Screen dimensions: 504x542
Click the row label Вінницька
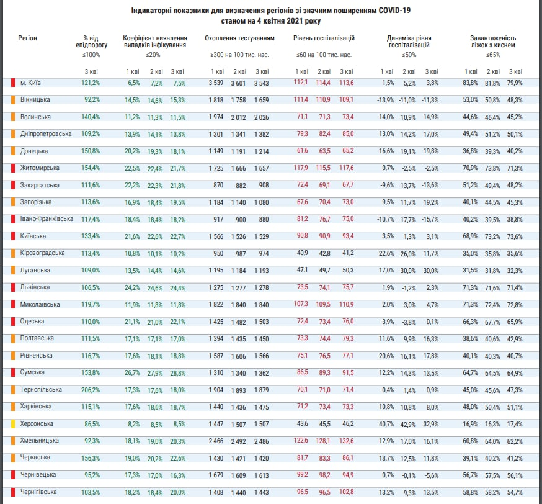35,99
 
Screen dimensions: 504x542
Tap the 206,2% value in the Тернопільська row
91,389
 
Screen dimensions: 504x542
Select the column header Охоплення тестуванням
239,38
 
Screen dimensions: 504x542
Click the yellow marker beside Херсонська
13,423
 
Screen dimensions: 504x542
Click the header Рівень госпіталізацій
323,38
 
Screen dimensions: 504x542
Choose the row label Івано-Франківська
47,218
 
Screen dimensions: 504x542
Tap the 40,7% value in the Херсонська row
386,424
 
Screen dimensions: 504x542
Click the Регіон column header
28,38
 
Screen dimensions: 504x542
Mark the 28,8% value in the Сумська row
177,372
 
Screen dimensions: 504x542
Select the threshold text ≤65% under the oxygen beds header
494,55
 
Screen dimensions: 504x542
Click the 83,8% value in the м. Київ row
470,83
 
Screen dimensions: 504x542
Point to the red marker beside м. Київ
13,83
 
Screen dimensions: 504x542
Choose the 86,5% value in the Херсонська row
91,424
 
